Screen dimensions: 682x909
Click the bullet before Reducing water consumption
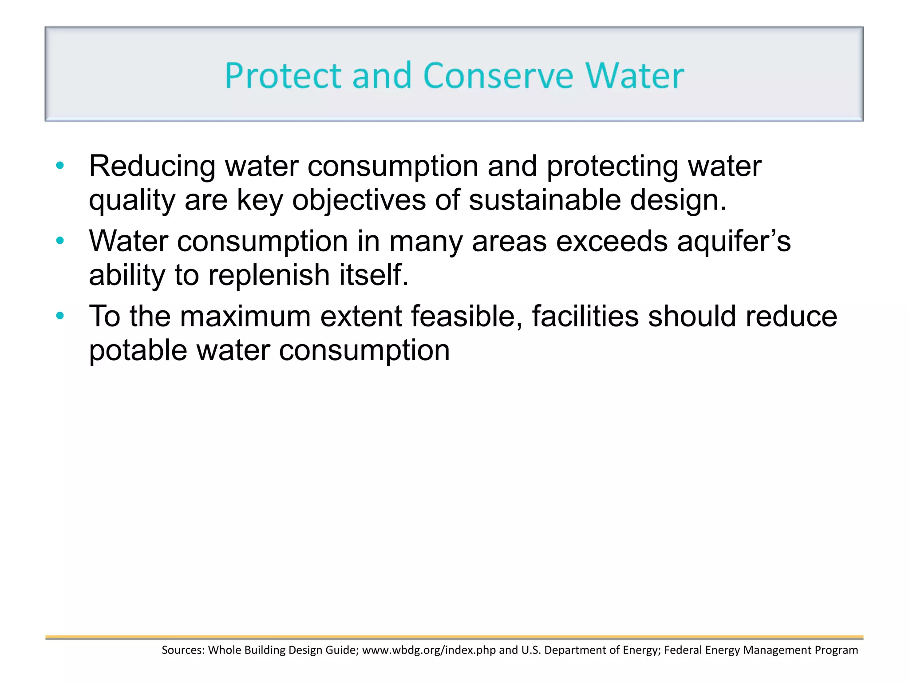pos(60,167)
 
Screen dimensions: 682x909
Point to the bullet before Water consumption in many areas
pos(60,242)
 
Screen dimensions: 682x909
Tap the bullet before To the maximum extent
pos(60,317)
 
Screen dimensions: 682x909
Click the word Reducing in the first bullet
pos(152,167)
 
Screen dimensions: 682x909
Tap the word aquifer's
pos(734,242)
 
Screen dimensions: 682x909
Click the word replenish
pos(269,275)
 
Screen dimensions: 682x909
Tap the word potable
pos(138,351)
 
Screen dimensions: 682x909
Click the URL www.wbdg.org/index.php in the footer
pos(429,650)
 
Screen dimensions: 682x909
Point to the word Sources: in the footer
pos(183,650)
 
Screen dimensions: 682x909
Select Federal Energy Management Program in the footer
pos(761,650)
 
